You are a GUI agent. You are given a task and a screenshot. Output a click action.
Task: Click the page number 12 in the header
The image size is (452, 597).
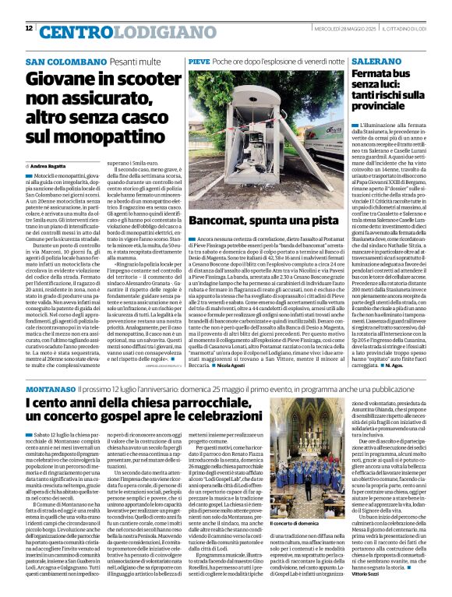29,28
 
